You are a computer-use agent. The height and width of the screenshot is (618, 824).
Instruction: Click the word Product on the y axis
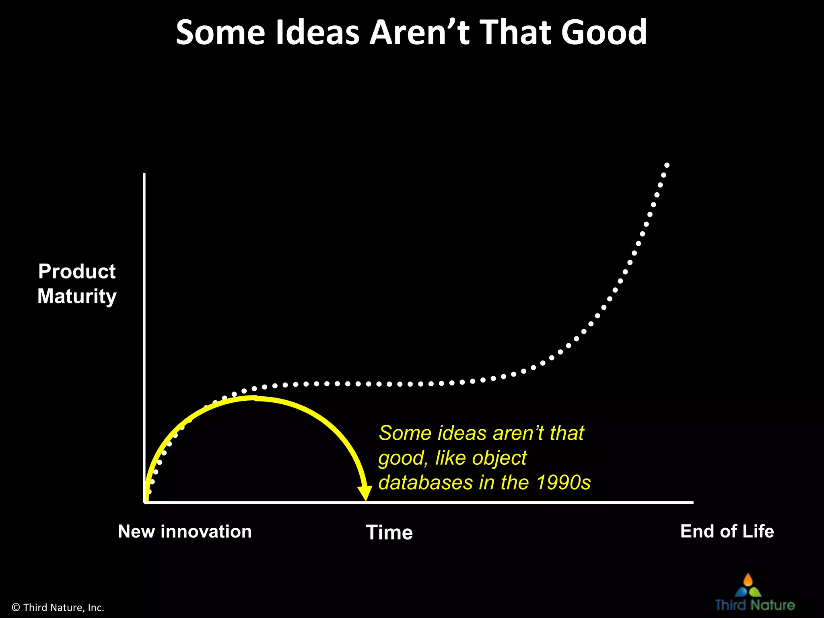(77, 271)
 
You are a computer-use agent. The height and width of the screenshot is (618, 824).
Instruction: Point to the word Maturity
(77, 297)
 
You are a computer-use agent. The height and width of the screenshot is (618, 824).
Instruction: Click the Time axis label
(389, 532)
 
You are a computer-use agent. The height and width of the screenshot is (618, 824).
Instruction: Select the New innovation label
(185, 531)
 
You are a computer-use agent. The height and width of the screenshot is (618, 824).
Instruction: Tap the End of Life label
(727, 531)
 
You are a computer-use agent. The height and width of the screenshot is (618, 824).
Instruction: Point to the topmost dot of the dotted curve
(667, 165)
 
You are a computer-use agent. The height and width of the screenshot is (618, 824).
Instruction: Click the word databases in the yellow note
(425, 482)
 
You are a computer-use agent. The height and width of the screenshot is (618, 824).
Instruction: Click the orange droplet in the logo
(748, 580)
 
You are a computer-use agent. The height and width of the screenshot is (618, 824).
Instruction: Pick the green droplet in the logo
(755, 592)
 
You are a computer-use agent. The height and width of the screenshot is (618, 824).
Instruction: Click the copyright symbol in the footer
(16, 608)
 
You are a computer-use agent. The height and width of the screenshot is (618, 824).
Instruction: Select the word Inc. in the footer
(96, 608)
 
